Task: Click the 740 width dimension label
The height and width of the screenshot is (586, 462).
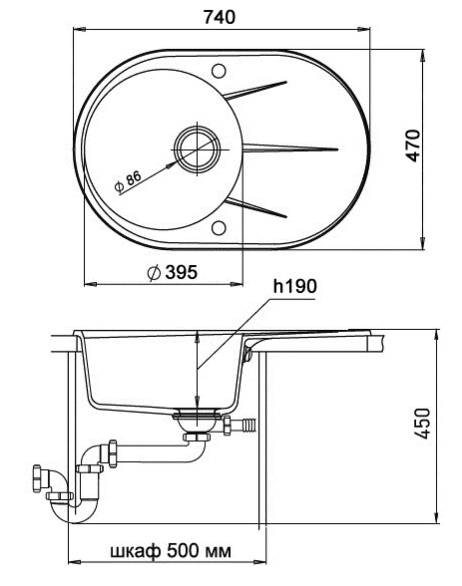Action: (219, 18)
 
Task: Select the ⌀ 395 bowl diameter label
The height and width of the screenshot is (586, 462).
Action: (172, 272)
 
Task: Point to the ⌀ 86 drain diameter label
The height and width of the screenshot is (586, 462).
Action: (128, 181)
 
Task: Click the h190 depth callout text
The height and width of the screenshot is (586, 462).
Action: (295, 286)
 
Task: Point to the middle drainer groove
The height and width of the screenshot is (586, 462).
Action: (290, 149)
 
